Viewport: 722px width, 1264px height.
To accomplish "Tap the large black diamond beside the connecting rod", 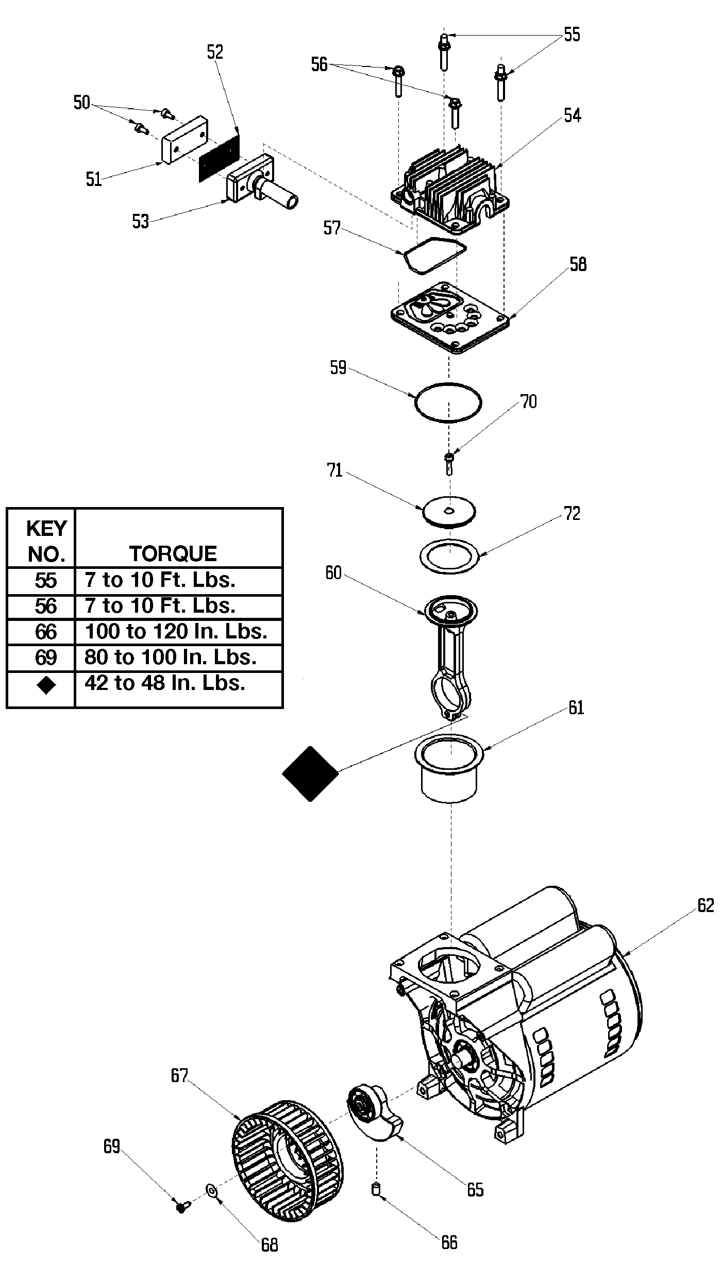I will pos(310,773).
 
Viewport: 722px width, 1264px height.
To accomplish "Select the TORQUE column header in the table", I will pos(173,553).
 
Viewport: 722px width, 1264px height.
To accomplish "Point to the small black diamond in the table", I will pos(46,685).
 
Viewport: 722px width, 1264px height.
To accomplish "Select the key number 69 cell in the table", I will pos(45,658).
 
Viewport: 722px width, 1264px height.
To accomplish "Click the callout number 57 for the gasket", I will pos(332,228).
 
